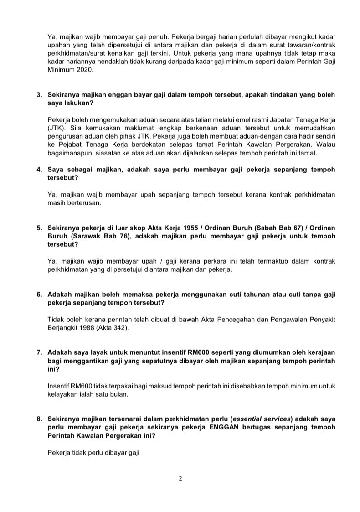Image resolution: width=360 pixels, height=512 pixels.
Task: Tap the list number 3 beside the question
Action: coord(39,95)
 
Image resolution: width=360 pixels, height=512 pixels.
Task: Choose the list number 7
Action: coord(39,352)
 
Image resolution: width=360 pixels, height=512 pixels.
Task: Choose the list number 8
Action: coord(39,419)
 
